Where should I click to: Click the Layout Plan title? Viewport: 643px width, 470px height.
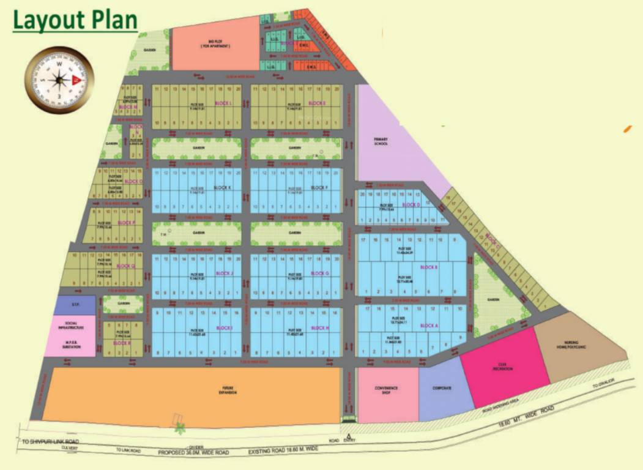75,20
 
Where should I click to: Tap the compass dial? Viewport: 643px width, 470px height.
59,79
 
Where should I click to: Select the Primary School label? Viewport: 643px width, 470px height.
382,142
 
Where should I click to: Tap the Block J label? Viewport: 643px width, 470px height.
225,273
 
